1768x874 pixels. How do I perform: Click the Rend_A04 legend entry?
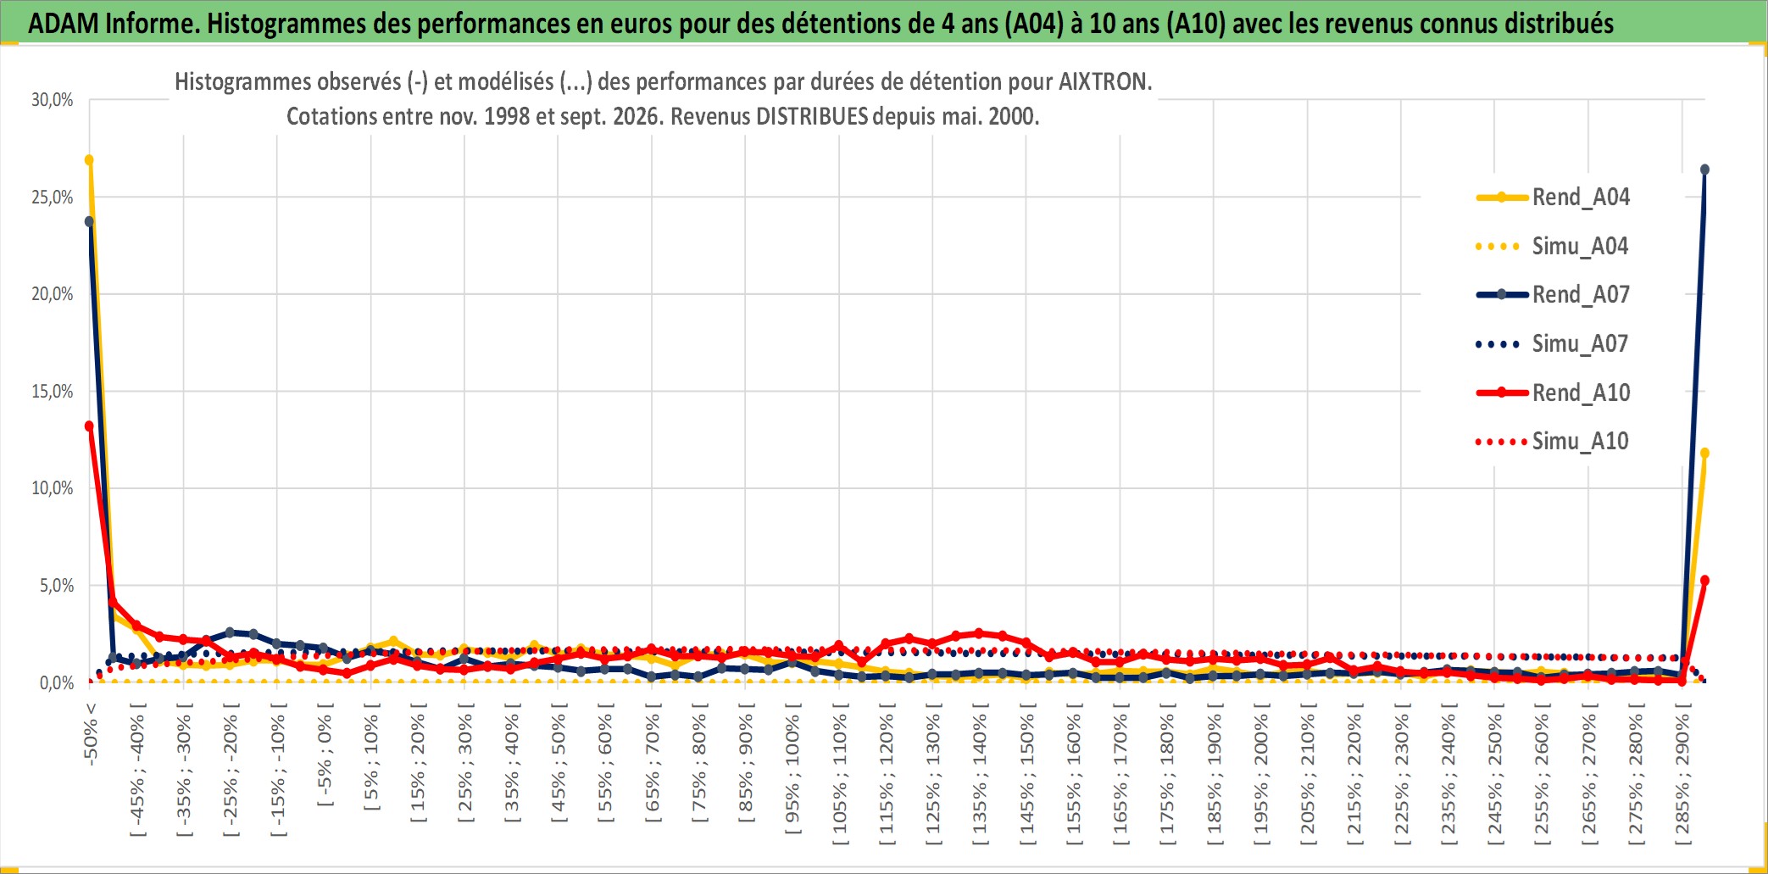click(1553, 198)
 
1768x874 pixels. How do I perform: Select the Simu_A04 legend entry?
click(1553, 247)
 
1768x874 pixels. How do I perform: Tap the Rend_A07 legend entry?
click(1553, 295)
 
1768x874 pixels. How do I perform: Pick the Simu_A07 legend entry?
click(1553, 344)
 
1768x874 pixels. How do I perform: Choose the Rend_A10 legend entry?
click(1553, 392)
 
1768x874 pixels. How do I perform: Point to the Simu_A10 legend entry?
click(1553, 442)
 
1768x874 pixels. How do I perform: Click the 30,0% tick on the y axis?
click(53, 100)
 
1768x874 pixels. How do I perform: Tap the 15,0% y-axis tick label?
click(53, 392)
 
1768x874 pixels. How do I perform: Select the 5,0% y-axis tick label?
click(57, 586)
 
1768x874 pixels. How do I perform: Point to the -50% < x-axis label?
click(91, 734)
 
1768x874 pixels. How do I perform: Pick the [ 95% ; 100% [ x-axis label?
click(792, 774)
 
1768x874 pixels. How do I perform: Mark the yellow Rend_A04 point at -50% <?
click(89, 160)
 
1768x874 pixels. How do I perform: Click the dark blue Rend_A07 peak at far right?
click(1704, 170)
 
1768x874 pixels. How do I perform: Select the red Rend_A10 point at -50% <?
click(89, 426)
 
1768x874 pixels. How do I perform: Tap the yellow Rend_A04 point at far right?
click(1704, 454)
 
